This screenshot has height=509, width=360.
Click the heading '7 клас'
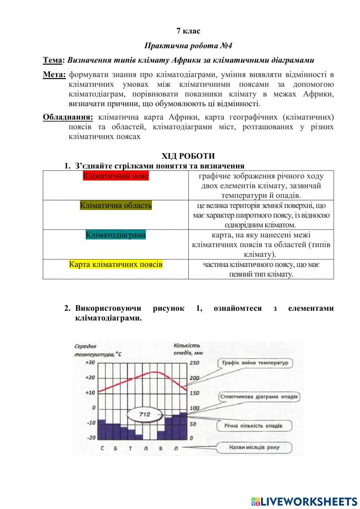[188, 31]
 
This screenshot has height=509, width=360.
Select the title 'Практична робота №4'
[188, 46]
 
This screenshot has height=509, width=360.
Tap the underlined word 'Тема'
[52, 60]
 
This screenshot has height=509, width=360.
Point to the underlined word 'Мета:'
[54, 75]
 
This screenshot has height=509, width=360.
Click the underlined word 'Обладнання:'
[68, 117]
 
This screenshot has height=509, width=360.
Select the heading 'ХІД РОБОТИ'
[188, 156]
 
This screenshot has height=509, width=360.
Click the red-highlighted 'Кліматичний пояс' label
[116, 176]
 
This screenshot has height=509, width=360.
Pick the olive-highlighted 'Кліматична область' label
[116, 205]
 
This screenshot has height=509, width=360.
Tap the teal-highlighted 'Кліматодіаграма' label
[116, 235]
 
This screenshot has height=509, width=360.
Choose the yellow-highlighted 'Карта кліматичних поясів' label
[116, 264]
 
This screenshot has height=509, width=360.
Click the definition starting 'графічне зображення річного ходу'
[261, 186]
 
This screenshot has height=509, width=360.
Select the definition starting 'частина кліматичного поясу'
[261, 269]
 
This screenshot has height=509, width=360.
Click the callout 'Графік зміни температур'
[255, 363]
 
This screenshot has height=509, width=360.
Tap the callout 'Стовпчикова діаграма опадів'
[259, 397]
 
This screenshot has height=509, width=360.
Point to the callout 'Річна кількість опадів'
[253, 426]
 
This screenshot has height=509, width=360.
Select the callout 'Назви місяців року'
[254, 447]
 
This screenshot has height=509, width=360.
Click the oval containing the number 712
[144, 414]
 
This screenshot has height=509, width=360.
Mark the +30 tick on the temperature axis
[90, 362]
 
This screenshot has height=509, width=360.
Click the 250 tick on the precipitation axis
[194, 363]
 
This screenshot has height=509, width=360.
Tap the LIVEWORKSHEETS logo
[304, 501]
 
